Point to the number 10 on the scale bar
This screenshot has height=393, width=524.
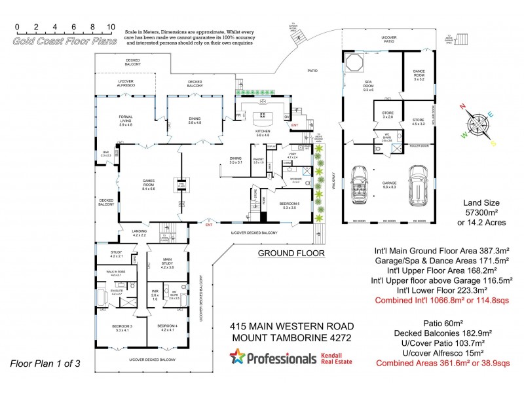(x=111, y=28)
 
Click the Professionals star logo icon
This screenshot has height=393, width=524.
(x=236, y=358)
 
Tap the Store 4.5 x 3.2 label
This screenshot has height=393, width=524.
(x=418, y=121)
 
